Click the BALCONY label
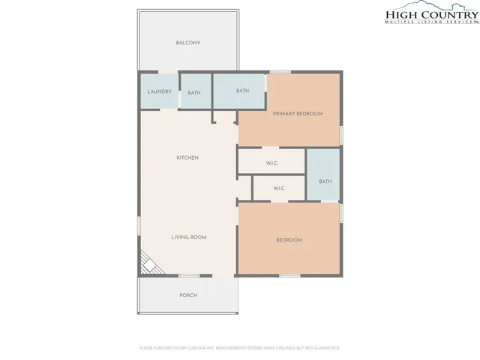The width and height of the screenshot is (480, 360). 187,43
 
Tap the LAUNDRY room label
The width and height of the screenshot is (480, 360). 159,92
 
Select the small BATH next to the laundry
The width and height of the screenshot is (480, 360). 194,93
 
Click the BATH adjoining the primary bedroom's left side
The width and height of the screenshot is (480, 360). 242,91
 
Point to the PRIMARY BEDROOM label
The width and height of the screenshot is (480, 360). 297,113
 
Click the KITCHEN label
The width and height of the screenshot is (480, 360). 187,157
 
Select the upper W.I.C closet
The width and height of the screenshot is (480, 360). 273,163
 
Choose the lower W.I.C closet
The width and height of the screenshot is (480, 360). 278,188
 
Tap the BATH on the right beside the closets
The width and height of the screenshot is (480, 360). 325,181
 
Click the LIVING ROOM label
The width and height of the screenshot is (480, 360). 188,237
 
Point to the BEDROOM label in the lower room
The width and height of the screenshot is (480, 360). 289,240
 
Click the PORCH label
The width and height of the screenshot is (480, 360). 187,295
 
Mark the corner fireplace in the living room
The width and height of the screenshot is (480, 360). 147,262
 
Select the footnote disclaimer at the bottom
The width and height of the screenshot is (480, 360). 240,348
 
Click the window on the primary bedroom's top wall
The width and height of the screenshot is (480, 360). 280,72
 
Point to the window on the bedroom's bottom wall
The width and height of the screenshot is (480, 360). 289,276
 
